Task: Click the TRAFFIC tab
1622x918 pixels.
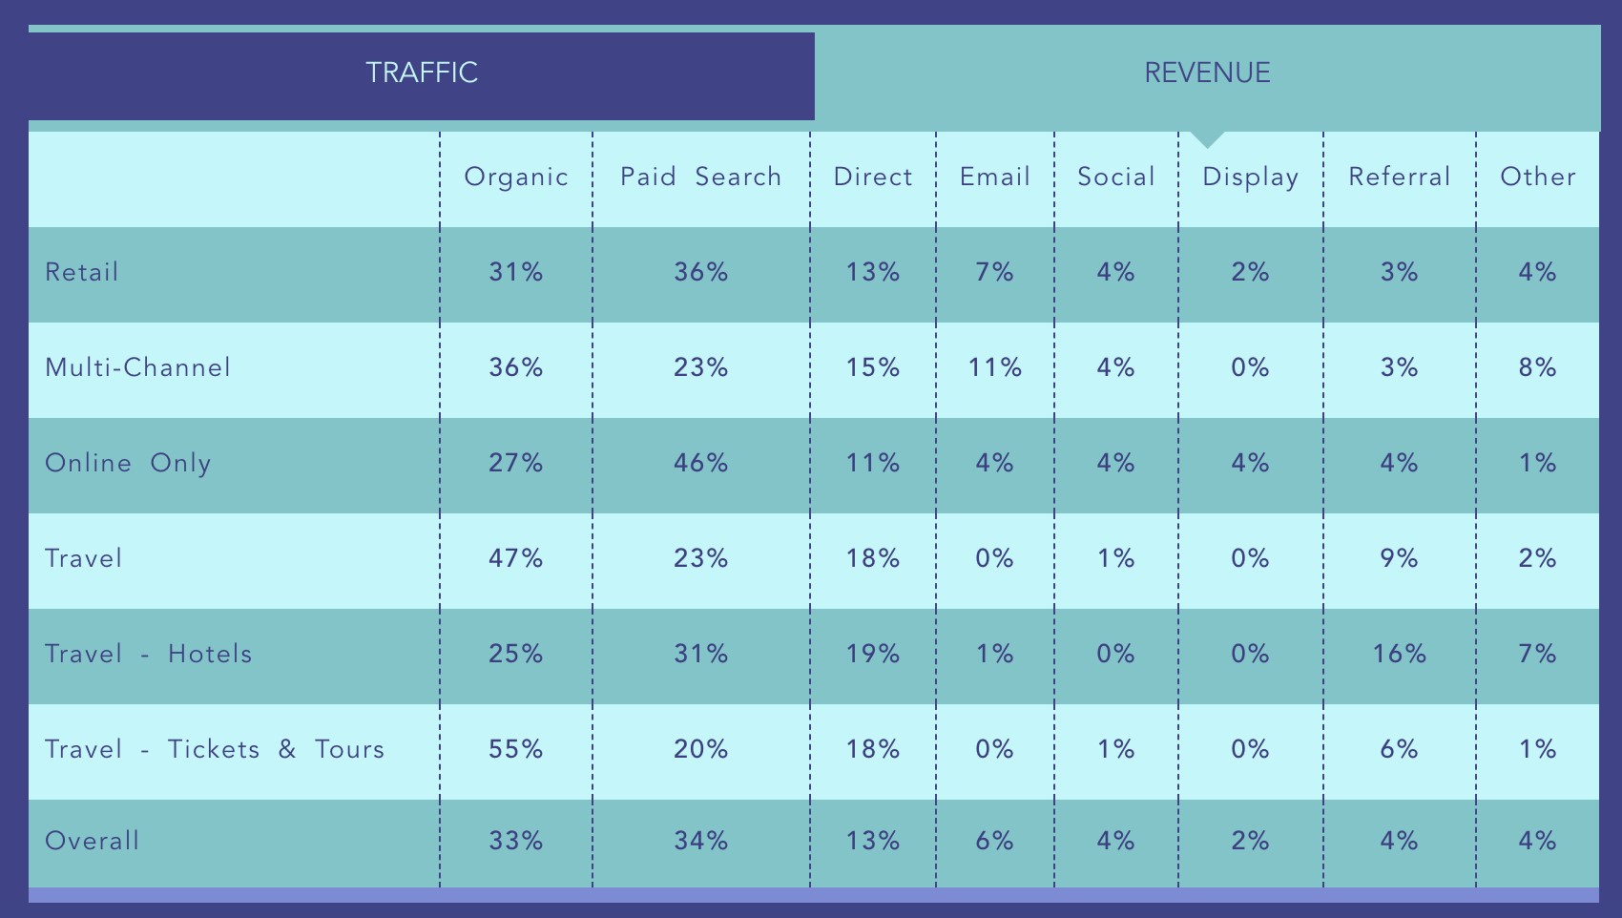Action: [422, 73]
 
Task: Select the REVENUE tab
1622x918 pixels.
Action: [1207, 73]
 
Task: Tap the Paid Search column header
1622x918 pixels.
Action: [700, 177]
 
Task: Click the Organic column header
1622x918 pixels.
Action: [516, 177]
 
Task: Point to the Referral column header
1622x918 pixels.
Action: [1399, 177]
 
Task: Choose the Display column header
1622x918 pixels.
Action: [1250, 177]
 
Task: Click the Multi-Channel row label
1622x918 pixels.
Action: [138, 368]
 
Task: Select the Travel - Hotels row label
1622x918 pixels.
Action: [149, 655]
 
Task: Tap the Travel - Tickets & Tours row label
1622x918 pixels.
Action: [215, 750]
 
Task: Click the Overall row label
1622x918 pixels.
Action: [93, 842]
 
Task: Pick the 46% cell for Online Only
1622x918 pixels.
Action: [700, 464]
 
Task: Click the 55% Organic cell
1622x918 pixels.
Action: [516, 750]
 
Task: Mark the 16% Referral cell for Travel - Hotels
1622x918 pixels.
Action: [1399, 655]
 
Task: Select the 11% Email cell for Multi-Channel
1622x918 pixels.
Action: [994, 368]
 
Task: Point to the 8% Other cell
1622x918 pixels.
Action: [1537, 368]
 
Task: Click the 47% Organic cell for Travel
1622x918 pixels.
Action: [516, 559]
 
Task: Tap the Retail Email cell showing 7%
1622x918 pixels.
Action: [994, 273]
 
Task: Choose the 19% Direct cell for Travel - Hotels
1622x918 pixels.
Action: [873, 655]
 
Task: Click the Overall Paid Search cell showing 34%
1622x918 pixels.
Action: [700, 842]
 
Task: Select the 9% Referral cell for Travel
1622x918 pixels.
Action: [1399, 559]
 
